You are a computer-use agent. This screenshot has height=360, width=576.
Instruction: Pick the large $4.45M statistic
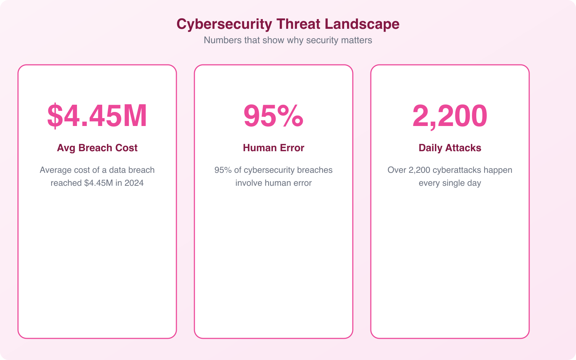tap(97, 116)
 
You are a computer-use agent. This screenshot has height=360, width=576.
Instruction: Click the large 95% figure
tap(274, 116)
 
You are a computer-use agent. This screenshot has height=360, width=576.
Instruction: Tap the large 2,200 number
tap(450, 116)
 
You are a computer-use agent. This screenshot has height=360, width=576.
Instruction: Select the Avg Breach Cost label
tap(97, 148)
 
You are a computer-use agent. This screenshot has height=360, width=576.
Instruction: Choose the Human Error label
tap(274, 148)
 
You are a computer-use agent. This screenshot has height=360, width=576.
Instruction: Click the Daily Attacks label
tap(450, 148)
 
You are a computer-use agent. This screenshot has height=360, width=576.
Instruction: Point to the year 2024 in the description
tap(134, 183)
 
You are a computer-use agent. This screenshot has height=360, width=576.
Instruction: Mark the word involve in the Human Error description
tap(249, 183)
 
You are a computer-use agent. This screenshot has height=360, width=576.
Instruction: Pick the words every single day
tap(450, 183)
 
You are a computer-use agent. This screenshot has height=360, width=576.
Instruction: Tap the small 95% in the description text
tap(223, 170)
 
